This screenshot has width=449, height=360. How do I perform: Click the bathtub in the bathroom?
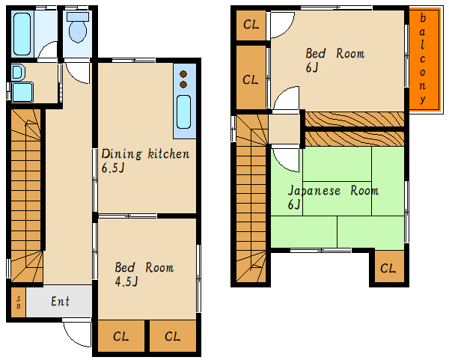[22, 34]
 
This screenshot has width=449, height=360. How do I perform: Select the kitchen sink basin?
[183, 112]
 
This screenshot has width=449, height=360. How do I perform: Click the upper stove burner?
[183, 74]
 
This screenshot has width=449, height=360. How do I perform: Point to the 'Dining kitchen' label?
[145, 154]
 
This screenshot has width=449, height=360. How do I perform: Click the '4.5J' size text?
[126, 281]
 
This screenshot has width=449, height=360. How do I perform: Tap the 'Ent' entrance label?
[60, 302]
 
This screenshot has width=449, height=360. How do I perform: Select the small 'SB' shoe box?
[19, 302]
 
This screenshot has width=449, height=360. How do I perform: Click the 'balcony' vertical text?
[423, 58]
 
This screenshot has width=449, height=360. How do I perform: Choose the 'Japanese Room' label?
[333, 191]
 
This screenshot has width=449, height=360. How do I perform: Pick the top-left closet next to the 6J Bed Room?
[251, 25]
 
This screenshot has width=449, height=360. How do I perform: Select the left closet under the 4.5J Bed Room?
[120, 336]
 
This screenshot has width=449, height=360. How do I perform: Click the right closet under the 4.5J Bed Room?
[173, 336]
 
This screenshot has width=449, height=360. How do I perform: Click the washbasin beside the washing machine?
[18, 72]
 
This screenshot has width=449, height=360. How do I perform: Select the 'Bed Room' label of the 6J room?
[335, 54]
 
